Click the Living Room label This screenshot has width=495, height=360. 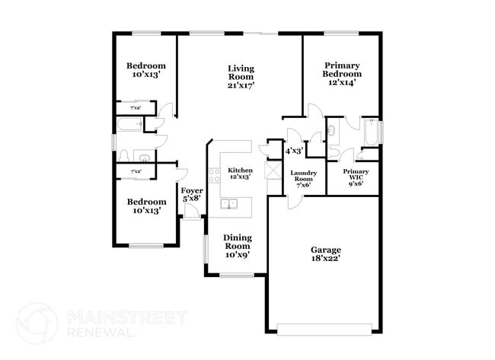point(241,77)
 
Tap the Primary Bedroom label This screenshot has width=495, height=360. point(341,74)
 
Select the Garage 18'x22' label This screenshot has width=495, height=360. point(325,253)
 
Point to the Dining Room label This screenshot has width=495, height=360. point(237,246)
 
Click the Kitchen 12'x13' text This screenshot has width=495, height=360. point(241,173)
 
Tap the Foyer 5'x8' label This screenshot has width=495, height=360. point(190,195)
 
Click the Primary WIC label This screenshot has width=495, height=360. point(356,177)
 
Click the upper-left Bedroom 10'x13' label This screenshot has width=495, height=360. point(145,70)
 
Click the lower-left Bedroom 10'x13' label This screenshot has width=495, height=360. point(145,205)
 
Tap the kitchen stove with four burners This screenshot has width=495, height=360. point(215,176)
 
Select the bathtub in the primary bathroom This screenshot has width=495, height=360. point(371,133)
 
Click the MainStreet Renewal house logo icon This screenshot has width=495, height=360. point(36,323)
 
